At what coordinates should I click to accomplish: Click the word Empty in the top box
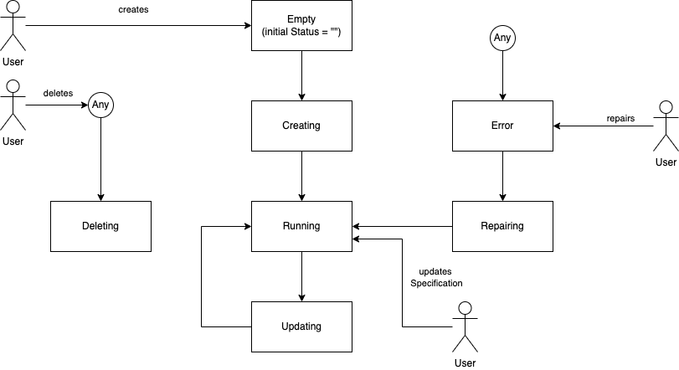pyautogui.click(x=301, y=19)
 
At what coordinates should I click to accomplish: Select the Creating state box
pyautogui.click(x=301, y=126)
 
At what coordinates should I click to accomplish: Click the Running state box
pyautogui.click(x=301, y=226)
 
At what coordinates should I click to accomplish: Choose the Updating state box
pyautogui.click(x=301, y=326)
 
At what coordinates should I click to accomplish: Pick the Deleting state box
pyautogui.click(x=100, y=226)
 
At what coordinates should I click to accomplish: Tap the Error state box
pyautogui.click(x=502, y=126)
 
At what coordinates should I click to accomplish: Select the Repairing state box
pyautogui.click(x=502, y=226)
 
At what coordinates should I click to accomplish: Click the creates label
pyautogui.click(x=133, y=10)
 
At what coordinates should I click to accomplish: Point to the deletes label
pyautogui.click(x=58, y=94)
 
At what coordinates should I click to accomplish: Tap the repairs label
pyautogui.click(x=620, y=119)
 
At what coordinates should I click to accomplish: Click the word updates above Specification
pyautogui.click(x=435, y=272)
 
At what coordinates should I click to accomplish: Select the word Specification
pyautogui.click(x=436, y=284)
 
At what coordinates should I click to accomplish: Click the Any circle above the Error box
pyautogui.click(x=502, y=38)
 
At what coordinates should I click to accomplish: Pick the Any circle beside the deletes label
pyautogui.click(x=100, y=105)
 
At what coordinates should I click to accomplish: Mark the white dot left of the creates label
pyautogui.click(x=13, y=7)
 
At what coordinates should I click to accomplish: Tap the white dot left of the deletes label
pyautogui.click(x=13, y=86)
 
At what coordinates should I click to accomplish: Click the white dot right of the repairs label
pyautogui.click(x=666, y=107)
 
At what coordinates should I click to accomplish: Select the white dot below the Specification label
pyautogui.click(x=466, y=308)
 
